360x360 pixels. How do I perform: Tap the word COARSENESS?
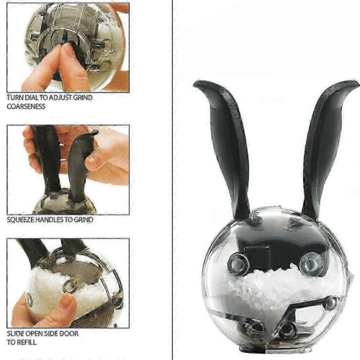click(x=26, y=107)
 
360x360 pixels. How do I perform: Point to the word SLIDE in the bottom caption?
click(x=16, y=333)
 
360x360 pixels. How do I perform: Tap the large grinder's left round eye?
click(x=238, y=265)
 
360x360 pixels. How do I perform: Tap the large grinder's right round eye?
click(x=311, y=265)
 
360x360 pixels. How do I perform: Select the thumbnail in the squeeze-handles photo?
click(x=91, y=163)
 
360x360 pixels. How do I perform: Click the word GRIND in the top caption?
click(x=83, y=98)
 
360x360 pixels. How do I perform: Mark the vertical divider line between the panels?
click(x=172, y=180)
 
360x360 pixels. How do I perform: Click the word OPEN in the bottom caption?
click(x=34, y=333)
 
